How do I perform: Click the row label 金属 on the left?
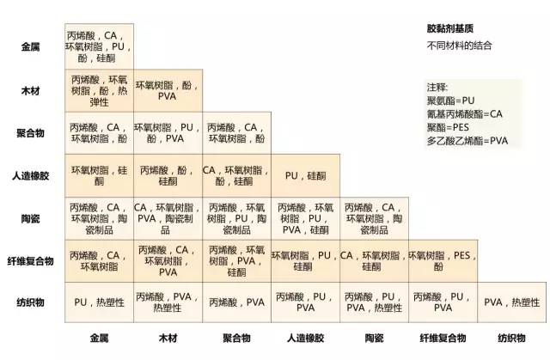pyautogui.click(x=32, y=46)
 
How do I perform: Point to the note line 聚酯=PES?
pyautogui.click(x=447, y=127)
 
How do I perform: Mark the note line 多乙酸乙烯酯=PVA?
pyautogui.click(x=467, y=140)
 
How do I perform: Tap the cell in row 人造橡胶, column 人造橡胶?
pyautogui.click(x=305, y=175)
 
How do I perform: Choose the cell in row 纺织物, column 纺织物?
pyautogui.click(x=512, y=302)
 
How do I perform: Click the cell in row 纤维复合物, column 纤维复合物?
pyautogui.click(x=443, y=261)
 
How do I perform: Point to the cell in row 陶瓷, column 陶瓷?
pyautogui.click(x=374, y=218)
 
